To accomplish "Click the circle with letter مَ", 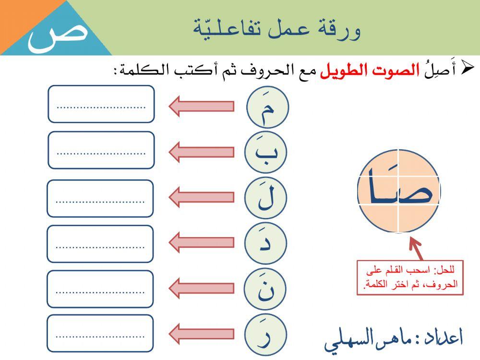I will click(x=267, y=107).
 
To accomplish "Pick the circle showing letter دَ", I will click(x=265, y=243).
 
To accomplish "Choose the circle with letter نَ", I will click(x=265, y=288).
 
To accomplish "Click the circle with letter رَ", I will click(x=265, y=334).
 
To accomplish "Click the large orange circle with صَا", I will click(x=398, y=191).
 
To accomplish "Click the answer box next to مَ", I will click(x=101, y=104).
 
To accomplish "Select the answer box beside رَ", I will click(x=100, y=333).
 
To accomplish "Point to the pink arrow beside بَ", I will click(x=201, y=152).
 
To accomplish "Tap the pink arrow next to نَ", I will click(x=201, y=288).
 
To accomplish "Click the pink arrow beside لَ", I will click(x=201, y=197).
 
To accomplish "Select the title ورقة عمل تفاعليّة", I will click(x=277, y=29).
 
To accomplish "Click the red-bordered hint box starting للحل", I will click(x=410, y=278).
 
